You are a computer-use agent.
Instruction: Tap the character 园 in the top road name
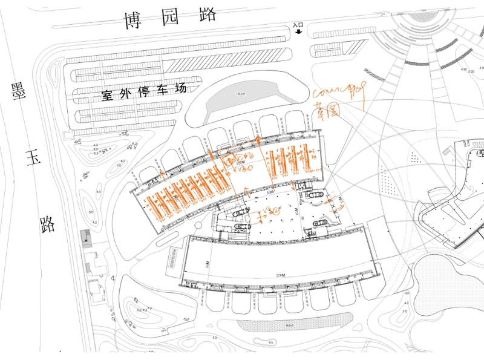[171, 18]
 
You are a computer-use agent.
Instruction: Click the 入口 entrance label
[296, 26]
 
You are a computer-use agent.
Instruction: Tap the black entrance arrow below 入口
[297, 34]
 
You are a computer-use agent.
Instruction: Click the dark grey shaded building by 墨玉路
[85, 237]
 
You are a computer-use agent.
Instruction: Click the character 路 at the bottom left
[45, 224]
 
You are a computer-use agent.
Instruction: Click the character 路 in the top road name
[206, 18]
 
